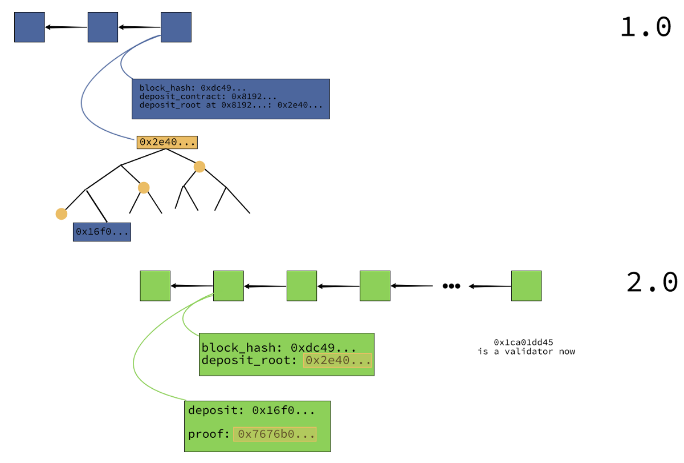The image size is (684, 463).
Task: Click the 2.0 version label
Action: tap(652, 282)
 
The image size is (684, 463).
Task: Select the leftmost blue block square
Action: tap(30, 27)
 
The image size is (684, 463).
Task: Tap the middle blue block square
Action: tap(103, 27)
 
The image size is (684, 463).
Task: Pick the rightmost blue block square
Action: tap(176, 27)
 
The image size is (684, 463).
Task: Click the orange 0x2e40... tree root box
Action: tap(167, 143)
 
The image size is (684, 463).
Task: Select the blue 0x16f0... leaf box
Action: tap(102, 232)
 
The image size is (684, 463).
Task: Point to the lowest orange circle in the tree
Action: tap(62, 214)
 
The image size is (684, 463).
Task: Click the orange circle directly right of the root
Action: tap(199, 167)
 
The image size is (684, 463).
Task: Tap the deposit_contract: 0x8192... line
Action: tap(208, 96)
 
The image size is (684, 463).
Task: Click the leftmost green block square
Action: tap(155, 286)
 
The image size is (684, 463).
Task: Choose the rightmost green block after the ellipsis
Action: tap(527, 286)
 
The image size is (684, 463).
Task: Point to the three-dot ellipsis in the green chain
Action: tap(451, 286)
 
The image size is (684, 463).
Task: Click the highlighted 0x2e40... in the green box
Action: tap(337, 360)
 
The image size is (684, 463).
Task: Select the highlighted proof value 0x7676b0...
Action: tap(275, 434)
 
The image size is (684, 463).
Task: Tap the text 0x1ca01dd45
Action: tap(523, 342)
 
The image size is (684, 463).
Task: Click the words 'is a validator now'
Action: tap(527, 352)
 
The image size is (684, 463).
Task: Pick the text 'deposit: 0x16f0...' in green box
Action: tap(251, 410)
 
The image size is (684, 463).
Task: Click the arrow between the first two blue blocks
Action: tap(66, 27)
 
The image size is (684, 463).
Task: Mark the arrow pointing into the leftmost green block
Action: tap(192, 286)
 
